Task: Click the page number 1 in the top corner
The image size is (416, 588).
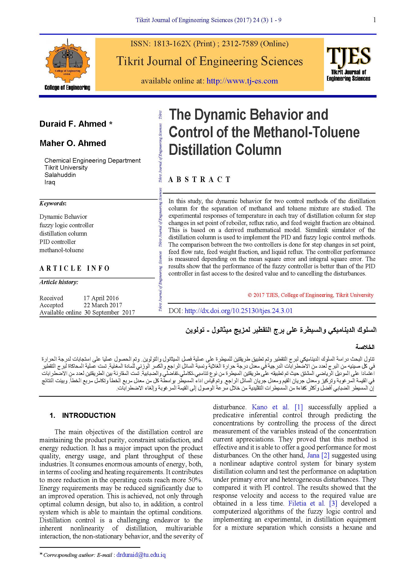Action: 375,20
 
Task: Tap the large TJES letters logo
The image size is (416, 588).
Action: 348,56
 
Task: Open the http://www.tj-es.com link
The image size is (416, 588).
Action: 242,81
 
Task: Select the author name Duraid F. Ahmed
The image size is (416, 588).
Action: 73,124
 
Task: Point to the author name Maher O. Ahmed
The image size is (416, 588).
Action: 73,143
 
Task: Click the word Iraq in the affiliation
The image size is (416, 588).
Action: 50,182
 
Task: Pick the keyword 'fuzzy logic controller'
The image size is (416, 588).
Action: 66,225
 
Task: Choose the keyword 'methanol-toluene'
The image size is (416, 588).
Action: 61,250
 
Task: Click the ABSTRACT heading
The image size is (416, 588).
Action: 199,179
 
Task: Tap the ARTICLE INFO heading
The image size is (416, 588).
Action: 74,268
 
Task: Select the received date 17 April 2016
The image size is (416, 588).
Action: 101,298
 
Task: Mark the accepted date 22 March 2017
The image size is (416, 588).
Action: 102,305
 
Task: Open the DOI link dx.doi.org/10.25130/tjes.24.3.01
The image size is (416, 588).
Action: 238,311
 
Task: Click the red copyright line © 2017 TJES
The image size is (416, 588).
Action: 310,295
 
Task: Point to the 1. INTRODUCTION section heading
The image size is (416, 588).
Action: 82,415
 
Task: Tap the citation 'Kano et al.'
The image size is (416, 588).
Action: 270,407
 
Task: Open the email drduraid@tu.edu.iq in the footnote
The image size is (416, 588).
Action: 141,555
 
